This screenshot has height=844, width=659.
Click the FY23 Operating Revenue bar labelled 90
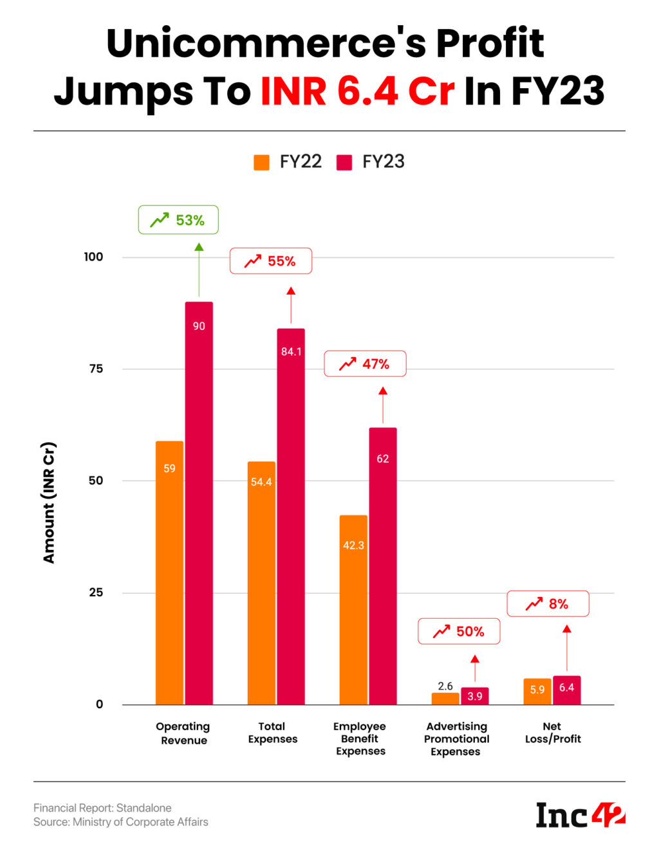pos(199,502)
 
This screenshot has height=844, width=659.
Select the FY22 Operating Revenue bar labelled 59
pos(169,573)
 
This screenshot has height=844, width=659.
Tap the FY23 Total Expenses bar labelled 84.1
pos(291,515)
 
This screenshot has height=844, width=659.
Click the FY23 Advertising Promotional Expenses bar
pos(475,696)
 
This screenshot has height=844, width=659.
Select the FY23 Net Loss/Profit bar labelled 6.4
pos(566,690)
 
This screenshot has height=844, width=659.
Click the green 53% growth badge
pos(178,220)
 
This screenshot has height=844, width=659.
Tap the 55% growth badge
pos(270,261)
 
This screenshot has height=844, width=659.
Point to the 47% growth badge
pos(364,364)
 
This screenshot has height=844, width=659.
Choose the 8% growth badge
pos(548,604)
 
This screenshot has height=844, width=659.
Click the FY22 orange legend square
pos(262,162)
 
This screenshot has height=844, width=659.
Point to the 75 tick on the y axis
pos(96,369)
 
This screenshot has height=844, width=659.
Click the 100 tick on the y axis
pos(93,257)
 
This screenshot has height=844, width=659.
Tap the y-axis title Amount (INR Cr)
pos(49,502)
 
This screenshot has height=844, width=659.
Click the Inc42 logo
pos(580,815)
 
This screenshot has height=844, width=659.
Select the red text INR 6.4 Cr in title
pos(358,91)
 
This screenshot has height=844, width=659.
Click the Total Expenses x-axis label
pos(273,733)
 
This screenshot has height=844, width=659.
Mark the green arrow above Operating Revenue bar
pos(199,270)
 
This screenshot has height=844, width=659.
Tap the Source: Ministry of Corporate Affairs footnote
pos(121,822)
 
